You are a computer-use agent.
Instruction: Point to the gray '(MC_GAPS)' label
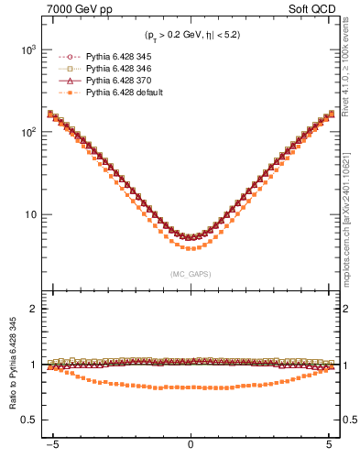pyautogui.click(x=190, y=274)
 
